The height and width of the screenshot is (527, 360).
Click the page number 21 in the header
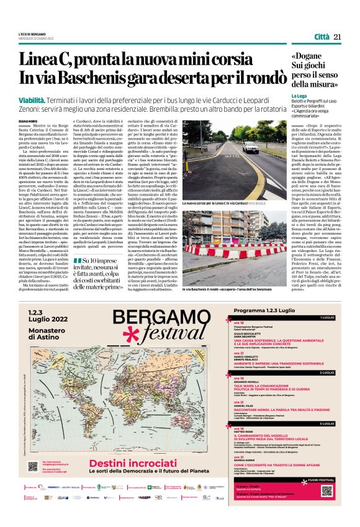click(x=338, y=37)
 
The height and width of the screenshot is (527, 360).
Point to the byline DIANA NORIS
click(x=28, y=121)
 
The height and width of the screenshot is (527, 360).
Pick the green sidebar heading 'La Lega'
click(x=299, y=96)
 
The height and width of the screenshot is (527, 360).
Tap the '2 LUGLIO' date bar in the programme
click(x=328, y=372)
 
